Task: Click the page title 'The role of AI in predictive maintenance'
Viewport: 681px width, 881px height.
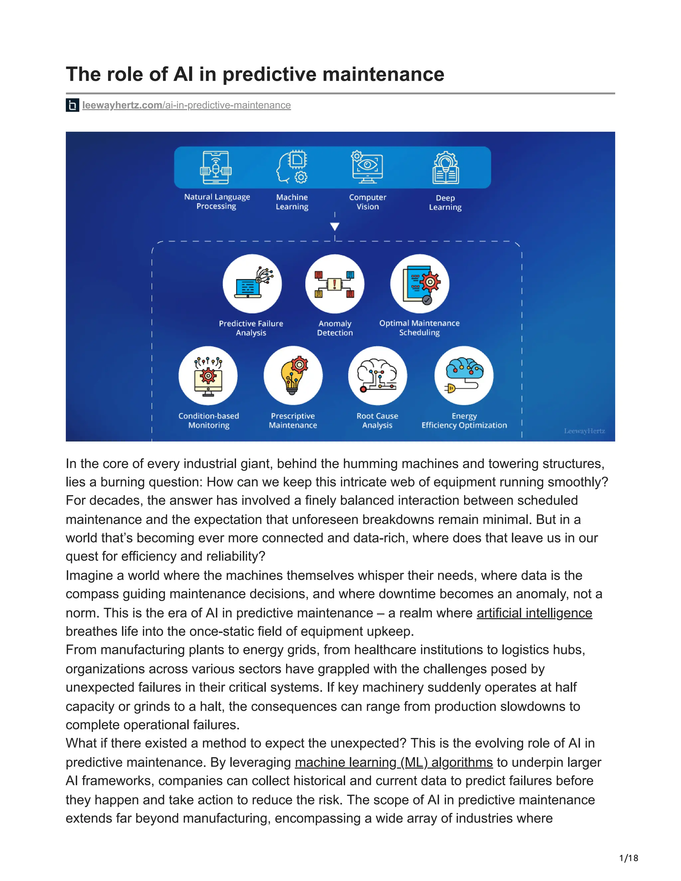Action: point(255,74)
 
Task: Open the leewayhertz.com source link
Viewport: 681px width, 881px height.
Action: point(187,105)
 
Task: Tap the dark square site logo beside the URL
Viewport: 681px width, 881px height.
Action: point(72,105)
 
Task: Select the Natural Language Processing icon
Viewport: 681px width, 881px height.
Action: point(216,168)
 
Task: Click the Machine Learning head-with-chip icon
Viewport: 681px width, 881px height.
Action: point(292,168)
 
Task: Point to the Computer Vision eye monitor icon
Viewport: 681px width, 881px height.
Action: point(367,168)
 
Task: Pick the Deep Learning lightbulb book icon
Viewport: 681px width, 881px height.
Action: point(445,168)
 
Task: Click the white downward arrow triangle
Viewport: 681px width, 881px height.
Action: point(335,226)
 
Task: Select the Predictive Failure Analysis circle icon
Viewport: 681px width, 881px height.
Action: point(252,284)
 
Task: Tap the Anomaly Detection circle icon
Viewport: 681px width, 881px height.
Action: point(335,284)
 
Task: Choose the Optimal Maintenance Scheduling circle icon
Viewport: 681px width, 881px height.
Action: point(420,284)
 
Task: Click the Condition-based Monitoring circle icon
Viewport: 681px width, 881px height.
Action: point(208,376)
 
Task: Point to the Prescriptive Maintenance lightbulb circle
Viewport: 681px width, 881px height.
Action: point(293,376)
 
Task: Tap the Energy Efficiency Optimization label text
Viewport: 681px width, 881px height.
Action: point(464,421)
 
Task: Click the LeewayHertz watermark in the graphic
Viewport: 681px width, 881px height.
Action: point(584,431)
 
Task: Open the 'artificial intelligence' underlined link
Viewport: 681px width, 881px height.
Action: point(534,613)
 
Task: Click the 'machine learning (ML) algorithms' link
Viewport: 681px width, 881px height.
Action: point(394,762)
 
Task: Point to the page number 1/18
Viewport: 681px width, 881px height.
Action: point(628,858)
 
